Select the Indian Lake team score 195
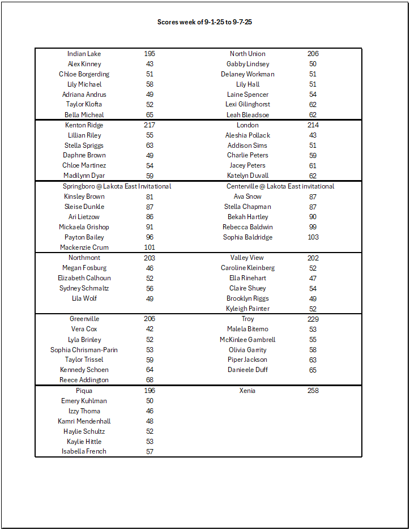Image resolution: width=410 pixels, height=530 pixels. click(x=150, y=54)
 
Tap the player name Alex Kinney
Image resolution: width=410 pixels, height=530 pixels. click(x=84, y=64)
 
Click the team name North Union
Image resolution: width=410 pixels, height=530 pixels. click(x=247, y=54)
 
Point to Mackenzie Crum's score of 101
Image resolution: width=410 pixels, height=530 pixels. click(x=150, y=247)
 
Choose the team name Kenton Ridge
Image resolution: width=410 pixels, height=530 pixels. click(x=84, y=125)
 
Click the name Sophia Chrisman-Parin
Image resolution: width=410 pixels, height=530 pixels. click(x=84, y=350)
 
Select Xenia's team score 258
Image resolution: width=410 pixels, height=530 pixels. click(x=313, y=391)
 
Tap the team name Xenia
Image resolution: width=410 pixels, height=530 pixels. click(x=247, y=391)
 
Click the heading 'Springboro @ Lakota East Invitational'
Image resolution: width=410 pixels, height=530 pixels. click(x=117, y=186)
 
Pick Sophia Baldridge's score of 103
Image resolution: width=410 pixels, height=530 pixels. click(x=313, y=237)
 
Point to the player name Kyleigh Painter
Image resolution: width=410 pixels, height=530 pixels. click(x=247, y=309)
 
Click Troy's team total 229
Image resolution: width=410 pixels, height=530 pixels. click(x=313, y=319)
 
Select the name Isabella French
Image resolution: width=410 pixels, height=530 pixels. click(x=84, y=451)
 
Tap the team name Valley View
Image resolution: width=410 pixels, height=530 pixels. click(x=247, y=258)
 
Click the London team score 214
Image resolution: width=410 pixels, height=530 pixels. click(x=313, y=125)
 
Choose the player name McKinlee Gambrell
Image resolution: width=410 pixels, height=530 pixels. click(x=247, y=340)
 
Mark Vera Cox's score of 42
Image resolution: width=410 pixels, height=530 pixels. click(x=150, y=329)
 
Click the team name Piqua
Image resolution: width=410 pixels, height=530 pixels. click(x=84, y=391)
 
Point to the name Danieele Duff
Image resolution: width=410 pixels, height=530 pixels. click(x=247, y=370)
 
